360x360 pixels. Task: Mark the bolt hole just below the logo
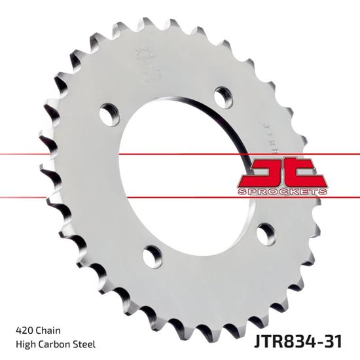[266, 231]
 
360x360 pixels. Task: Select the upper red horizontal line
[180, 154]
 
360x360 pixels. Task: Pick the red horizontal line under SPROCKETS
[180, 196]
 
